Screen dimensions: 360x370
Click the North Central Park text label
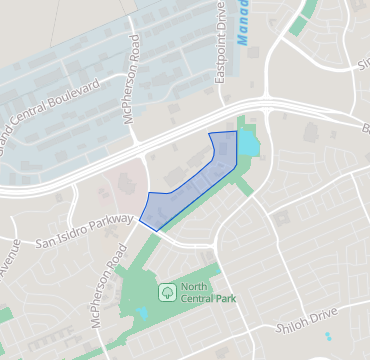point(204,292)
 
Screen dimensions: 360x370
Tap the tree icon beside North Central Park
point(166,292)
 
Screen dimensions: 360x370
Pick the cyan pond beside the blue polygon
point(247,146)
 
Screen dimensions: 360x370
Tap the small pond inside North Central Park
point(143,314)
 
